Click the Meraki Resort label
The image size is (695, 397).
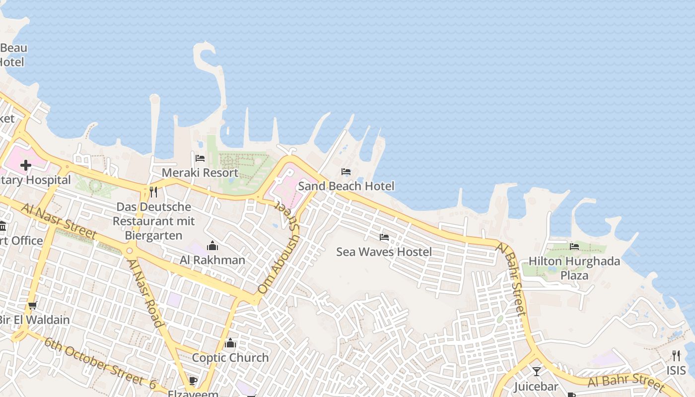coord(200,173)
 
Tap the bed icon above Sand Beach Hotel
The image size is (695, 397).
coord(346,172)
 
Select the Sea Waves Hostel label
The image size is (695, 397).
coord(384,252)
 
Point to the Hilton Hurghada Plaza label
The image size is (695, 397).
coord(574,268)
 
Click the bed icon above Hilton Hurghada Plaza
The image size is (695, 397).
coord(574,246)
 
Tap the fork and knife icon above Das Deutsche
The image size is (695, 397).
coord(153,192)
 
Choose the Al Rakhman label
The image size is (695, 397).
coord(212,260)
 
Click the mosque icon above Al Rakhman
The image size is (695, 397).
coord(212,246)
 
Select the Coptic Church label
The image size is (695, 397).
coord(230,357)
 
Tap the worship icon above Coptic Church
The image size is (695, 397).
coord(230,343)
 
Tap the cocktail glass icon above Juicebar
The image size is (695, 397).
coord(536,371)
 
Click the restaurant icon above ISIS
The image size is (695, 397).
coord(676,355)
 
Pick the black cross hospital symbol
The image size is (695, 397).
coord(26,165)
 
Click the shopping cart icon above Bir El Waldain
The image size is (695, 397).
coord(33,305)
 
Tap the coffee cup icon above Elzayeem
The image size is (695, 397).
coord(193,381)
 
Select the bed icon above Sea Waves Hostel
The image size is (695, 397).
coord(384,237)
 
